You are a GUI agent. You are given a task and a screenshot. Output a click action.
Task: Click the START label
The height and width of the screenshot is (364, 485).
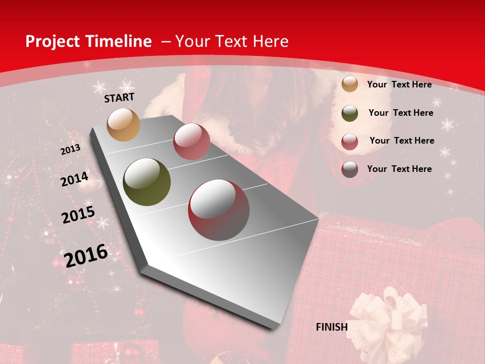(x=119, y=98)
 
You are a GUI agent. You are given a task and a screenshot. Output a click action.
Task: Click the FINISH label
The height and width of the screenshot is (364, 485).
(x=332, y=327)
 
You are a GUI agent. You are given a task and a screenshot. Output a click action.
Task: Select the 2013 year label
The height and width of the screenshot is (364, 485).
(x=71, y=150)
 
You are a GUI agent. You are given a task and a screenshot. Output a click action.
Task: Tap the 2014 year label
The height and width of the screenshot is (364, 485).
(x=74, y=179)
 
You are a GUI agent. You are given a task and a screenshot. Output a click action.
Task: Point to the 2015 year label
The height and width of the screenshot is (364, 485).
(x=78, y=215)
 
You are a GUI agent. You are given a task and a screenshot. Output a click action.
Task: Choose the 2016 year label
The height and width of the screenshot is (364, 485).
(x=86, y=255)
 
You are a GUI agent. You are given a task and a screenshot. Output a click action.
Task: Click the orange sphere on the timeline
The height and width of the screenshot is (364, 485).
(x=123, y=124)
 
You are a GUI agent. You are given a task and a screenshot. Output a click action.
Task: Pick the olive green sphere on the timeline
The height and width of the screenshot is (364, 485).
(x=147, y=182)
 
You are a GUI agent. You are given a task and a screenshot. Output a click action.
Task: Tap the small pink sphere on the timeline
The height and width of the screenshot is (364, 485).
(x=191, y=142)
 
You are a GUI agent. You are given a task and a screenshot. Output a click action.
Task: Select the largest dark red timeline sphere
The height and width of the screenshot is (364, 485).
(x=219, y=210)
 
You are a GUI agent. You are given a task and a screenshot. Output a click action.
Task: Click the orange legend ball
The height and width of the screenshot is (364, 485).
(x=350, y=84)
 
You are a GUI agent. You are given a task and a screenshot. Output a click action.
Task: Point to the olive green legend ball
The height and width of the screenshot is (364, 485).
(x=350, y=113)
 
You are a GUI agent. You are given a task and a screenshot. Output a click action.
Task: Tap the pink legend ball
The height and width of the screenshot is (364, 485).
(x=350, y=142)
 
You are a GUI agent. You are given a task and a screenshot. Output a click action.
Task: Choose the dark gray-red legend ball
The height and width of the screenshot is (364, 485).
(x=350, y=169)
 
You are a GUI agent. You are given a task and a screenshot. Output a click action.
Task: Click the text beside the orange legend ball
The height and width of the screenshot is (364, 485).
(x=399, y=84)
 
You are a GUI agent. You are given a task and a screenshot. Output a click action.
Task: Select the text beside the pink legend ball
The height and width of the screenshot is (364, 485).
(x=402, y=141)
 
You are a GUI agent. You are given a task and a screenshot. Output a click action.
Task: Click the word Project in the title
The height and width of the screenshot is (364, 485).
(x=52, y=41)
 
